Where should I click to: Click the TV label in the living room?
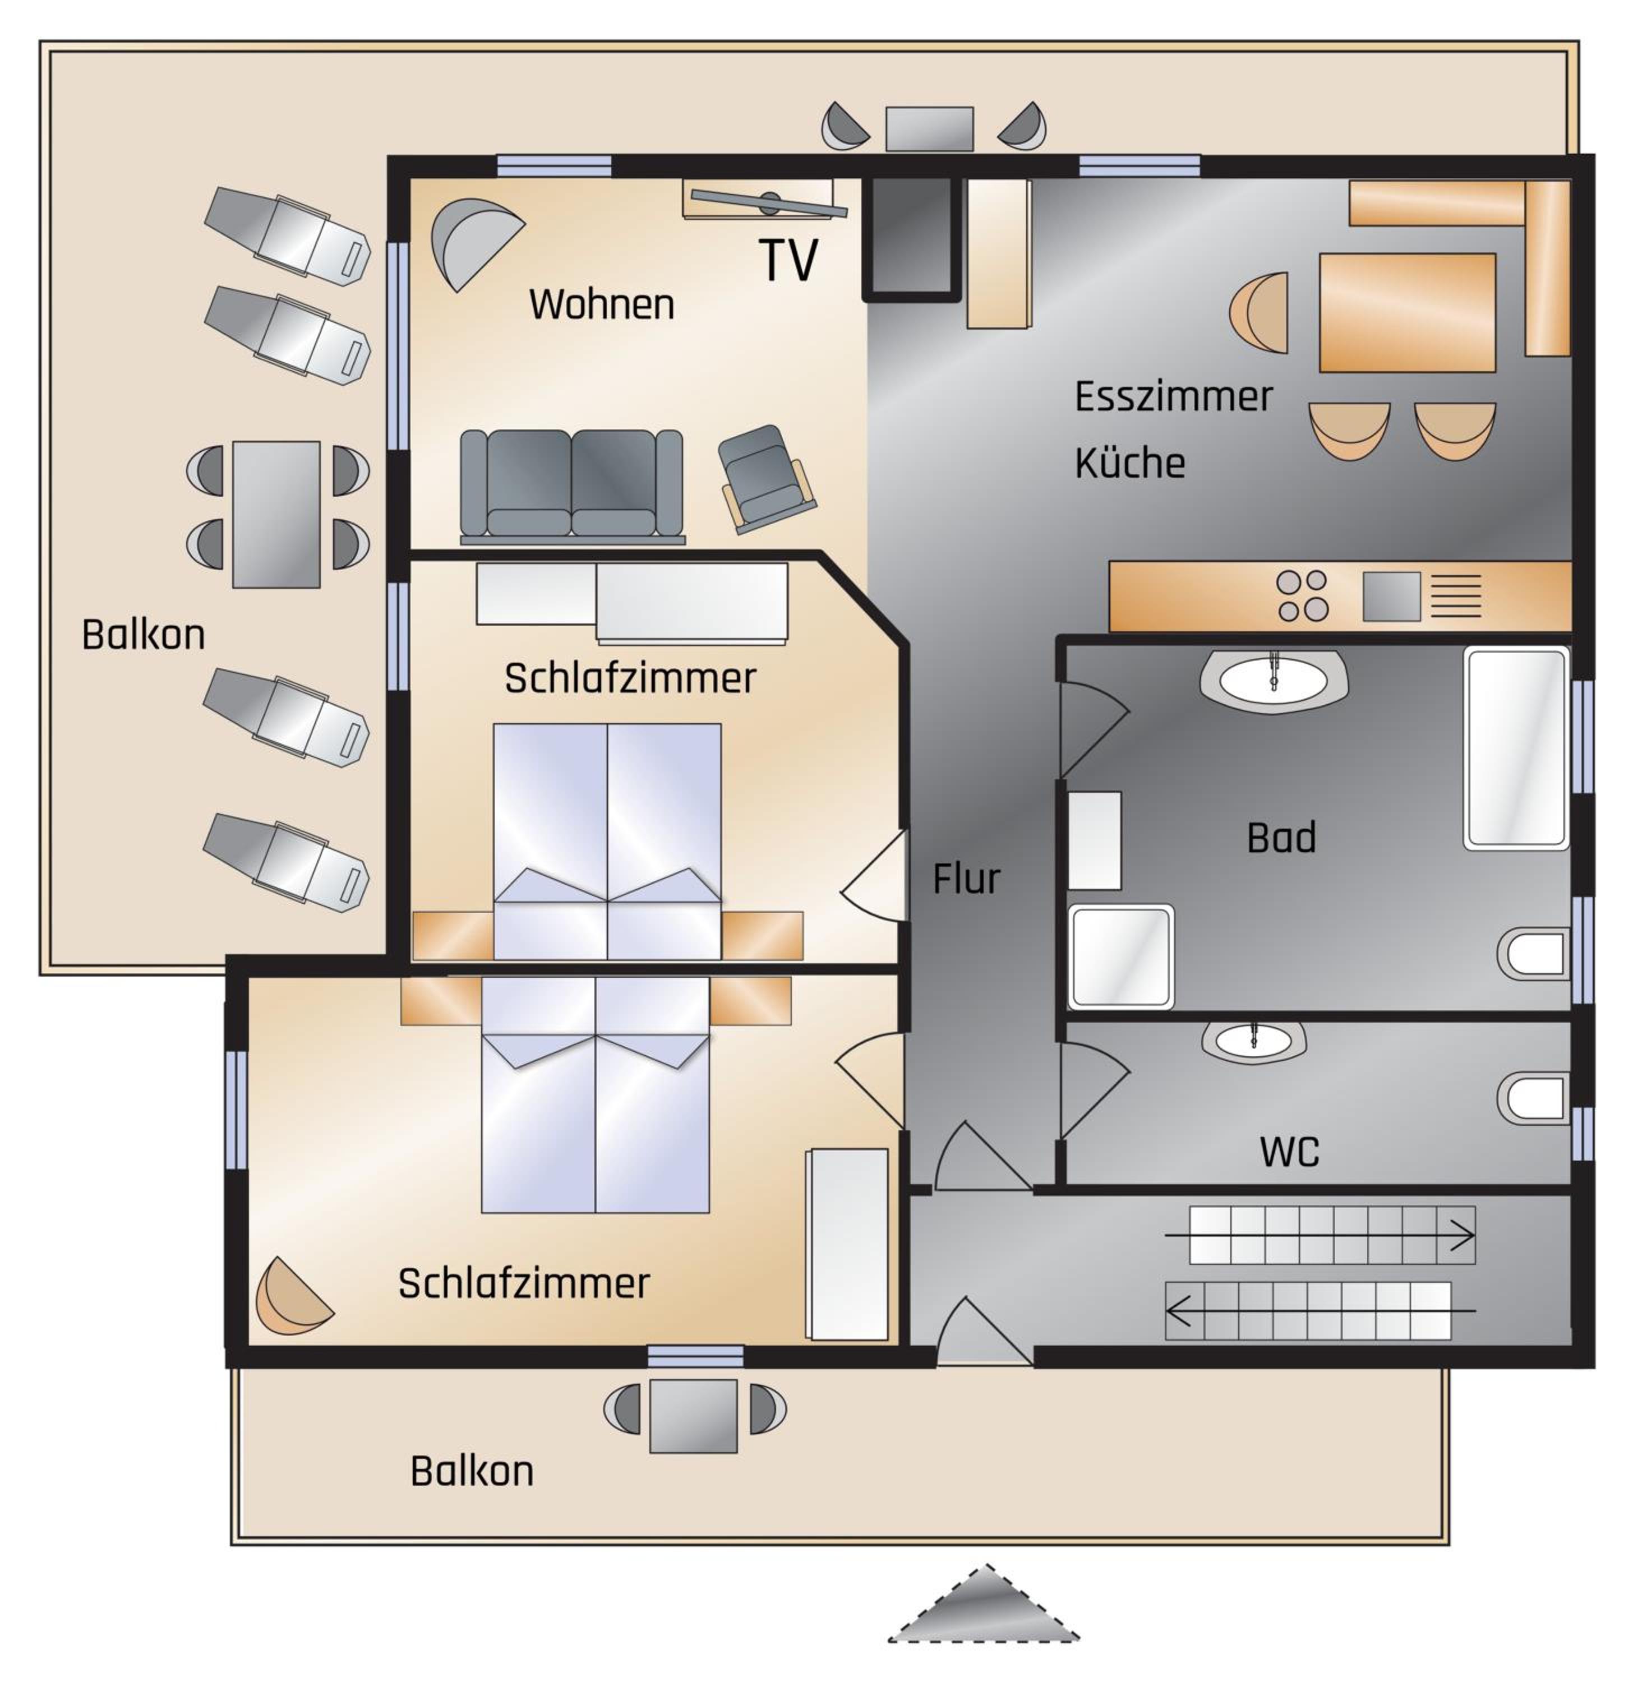tap(788, 260)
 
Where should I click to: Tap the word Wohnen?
tap(602, 304)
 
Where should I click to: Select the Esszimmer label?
tap(1173, 396)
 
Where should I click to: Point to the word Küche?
tap(1129, 463)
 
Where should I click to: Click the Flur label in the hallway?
tap(966, 879)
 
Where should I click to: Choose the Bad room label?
tap(1281, 838)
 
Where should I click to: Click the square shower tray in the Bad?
tap(1120, 957)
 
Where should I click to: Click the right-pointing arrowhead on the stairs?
tap(1463, 1236)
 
